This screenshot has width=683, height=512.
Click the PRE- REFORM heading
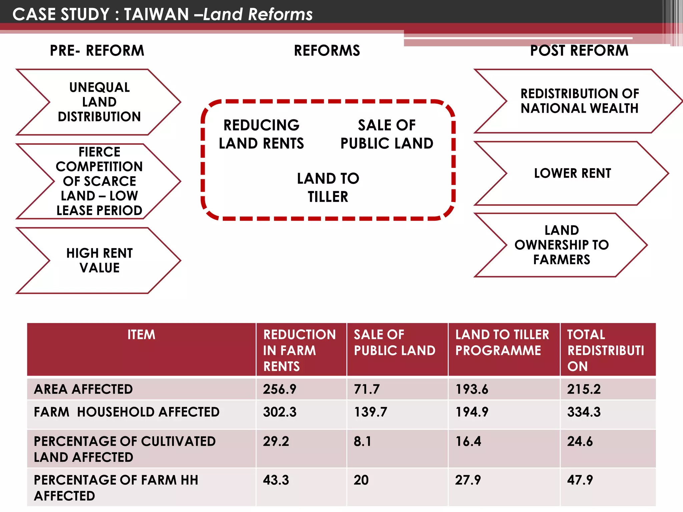(97, 51)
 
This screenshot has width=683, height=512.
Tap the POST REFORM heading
(579, 51)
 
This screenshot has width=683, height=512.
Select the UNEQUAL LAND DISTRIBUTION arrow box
(99, 102)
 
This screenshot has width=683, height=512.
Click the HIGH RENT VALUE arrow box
(99, 260)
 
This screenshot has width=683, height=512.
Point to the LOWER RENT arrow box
(572, 173)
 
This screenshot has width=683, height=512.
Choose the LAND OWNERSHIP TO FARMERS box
(562, 245)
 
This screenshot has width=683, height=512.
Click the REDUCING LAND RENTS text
(261, 134)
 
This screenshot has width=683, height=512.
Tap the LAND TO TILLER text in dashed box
(328, 187)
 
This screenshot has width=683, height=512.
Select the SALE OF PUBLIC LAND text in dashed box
(387, 134)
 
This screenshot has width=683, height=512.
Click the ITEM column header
(141, 335)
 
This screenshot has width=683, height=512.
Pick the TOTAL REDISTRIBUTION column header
(606, 350)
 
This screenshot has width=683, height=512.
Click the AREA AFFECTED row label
(83, 389)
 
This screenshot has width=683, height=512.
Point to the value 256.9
(279, 389)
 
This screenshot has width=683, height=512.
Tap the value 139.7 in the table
(371, 412)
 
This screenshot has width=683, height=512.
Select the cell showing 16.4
(468, 441)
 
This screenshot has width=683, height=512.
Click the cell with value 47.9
(580, 480)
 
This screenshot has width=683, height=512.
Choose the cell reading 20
(361, 480)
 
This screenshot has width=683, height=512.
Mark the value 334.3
(584, 412)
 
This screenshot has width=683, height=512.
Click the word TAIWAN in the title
(156, 14)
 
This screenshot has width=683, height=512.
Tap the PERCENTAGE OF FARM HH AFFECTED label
(116, 488)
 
